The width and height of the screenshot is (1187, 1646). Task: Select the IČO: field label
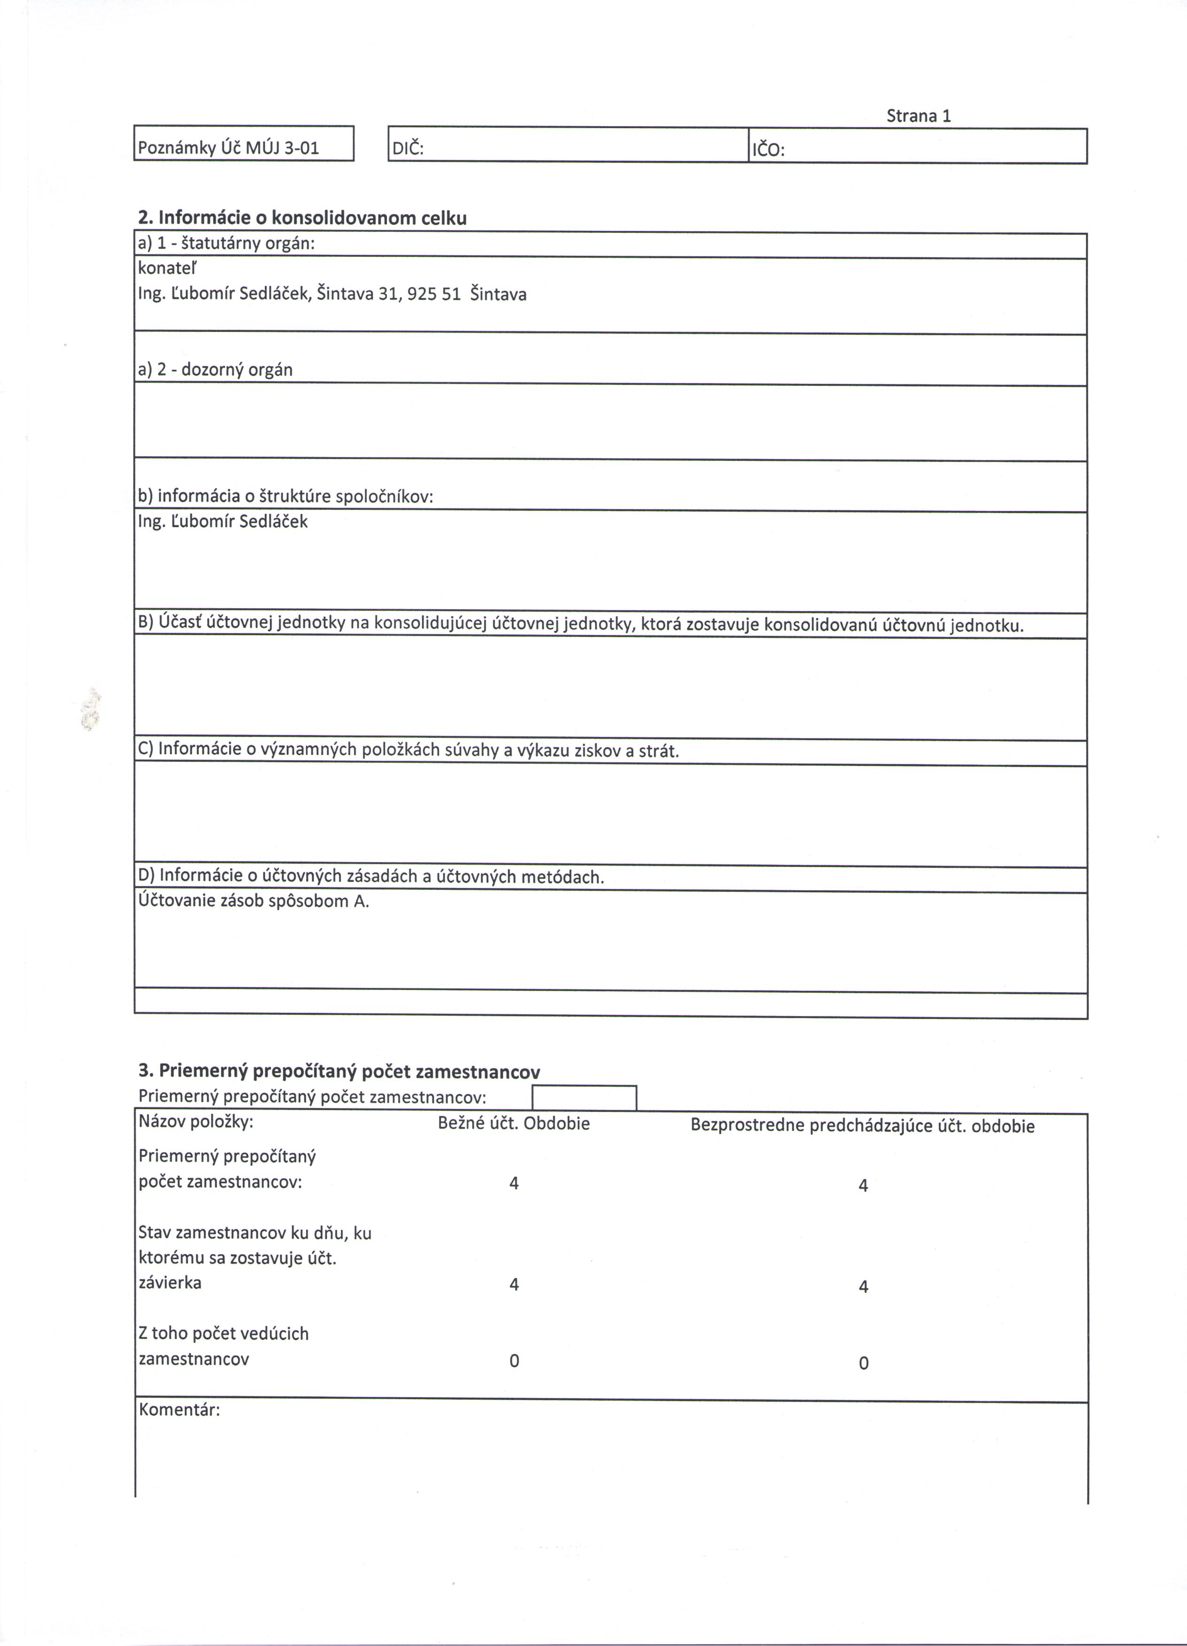768,150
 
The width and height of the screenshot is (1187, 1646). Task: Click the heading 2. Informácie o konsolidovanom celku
302,218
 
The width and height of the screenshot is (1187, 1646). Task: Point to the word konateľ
167,268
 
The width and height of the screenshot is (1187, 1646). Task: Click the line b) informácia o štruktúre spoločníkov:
285,497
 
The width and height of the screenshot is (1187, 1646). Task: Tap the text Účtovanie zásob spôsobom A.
254,902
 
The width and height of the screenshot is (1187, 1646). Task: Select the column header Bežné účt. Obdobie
513,1124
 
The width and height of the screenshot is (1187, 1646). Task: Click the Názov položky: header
196,1123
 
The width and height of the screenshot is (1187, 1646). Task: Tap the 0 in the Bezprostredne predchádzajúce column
863,1363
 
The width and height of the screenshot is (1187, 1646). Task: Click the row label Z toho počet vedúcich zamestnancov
223,1346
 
